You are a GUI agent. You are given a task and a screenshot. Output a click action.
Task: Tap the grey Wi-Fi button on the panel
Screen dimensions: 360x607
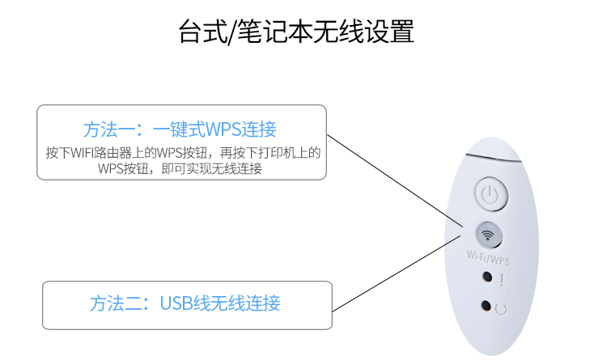click(487, 235)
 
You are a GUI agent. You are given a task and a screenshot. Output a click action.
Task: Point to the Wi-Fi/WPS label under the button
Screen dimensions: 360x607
click(489, 256)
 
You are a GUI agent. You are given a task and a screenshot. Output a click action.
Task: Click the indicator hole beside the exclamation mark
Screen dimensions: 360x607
click(486, 278)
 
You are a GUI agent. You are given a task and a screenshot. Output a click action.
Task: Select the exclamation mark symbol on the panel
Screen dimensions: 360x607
click(503, 280)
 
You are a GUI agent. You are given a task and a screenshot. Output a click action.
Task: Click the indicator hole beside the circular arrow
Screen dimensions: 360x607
click(486, 307)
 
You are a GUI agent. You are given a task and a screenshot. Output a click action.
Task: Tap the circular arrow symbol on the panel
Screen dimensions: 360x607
click(502, 308)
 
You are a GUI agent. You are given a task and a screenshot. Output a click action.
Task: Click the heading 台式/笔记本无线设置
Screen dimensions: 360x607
click(296, 32)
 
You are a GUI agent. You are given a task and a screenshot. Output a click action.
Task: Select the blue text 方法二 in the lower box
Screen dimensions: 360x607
click(109, 304)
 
